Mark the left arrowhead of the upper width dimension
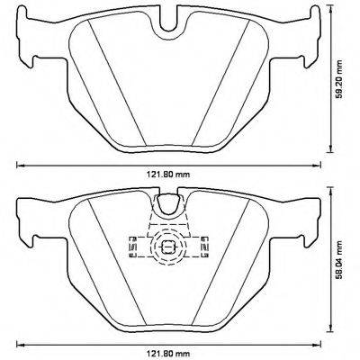pyautogui.click(x=19, y=166)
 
